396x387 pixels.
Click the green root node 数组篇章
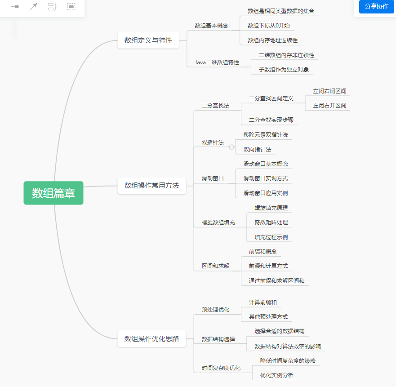coord(53,193)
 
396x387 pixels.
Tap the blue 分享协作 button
coord(376,6)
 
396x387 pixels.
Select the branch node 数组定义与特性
coord(148,40)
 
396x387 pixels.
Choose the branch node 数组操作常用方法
coord(151,185)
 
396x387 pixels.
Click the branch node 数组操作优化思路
coord(151,338)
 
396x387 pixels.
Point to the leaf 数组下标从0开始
coord(271,26)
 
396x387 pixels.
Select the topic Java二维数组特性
coord(217,62)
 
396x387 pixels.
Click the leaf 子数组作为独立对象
coord(284,70)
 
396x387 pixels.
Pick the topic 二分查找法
coord(215,106)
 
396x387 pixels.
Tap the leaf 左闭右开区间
coord(329,106)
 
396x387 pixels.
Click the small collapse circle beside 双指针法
coord(231,147)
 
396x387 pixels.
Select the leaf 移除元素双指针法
coord(266,135)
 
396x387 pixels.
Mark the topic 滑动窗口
coord(213,178)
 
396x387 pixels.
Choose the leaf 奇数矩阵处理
coord(271,222)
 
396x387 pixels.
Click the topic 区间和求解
coord(215,266)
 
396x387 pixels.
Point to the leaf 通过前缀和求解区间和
coord(276,281)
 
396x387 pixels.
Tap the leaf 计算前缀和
coord(263,302)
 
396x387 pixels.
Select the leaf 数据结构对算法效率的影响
coord(287,347)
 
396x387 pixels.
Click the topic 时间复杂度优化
coord(221,368)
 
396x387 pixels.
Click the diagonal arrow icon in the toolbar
coord(33,7)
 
